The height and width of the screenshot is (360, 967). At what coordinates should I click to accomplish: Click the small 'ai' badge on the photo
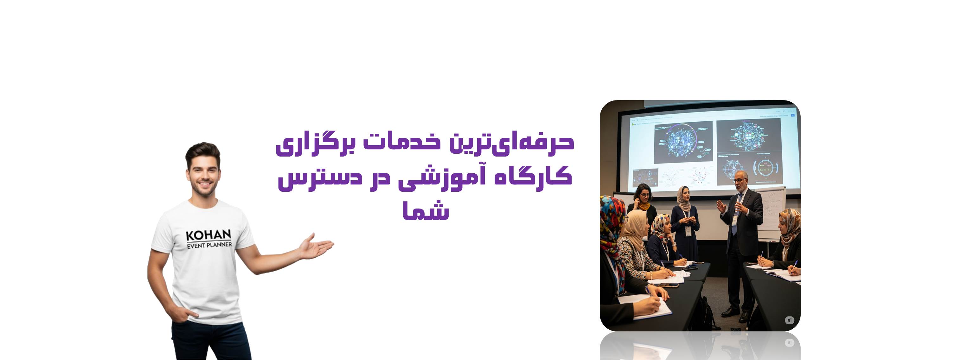tap(789, 320)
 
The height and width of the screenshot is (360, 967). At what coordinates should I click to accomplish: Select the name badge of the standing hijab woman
tap(688, 231)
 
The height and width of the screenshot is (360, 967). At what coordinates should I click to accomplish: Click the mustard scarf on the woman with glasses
tap(644, 206)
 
